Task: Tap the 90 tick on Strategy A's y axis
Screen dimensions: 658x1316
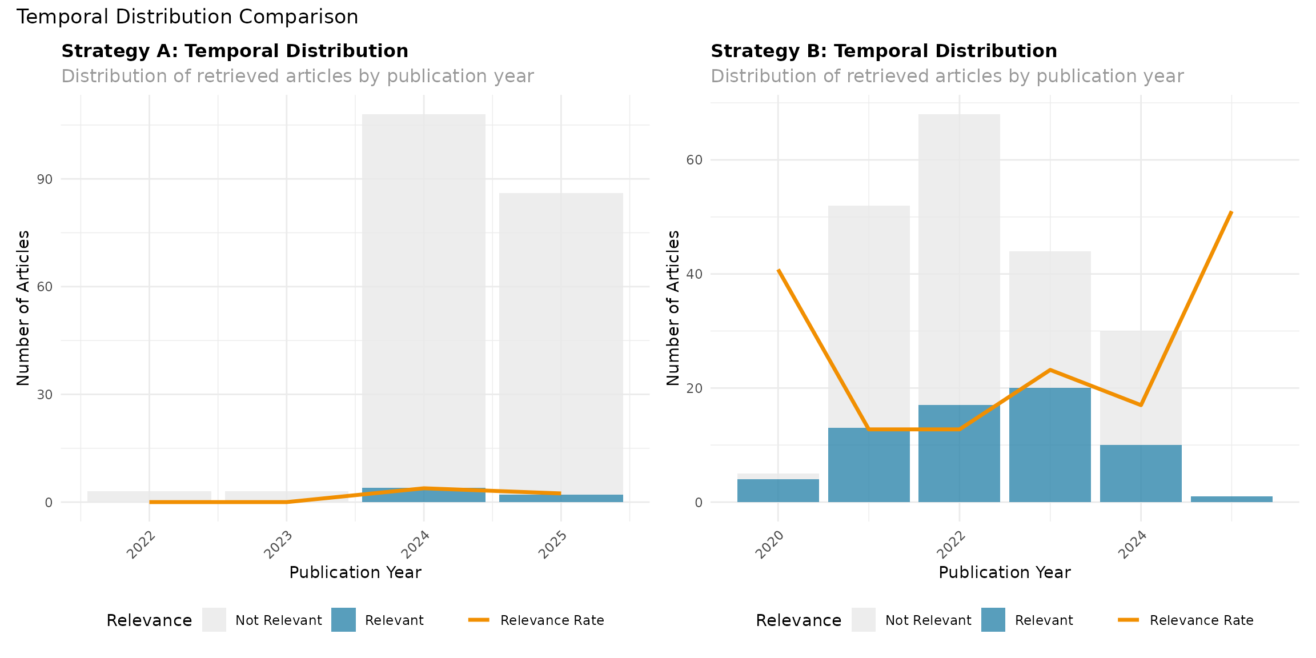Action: coord(45,179)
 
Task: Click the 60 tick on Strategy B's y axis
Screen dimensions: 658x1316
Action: coord(694,160)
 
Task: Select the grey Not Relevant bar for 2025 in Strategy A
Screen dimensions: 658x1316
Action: coord(561,343)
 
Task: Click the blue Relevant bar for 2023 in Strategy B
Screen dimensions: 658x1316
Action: coord(1050,446)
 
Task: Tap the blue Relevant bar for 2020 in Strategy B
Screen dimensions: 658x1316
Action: coord(778,491)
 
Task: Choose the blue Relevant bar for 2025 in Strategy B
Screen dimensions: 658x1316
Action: coord(1231,499)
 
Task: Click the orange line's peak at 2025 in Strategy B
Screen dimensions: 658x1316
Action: coord(1231,212)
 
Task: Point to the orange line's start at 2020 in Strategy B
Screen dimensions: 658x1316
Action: coord(779,270)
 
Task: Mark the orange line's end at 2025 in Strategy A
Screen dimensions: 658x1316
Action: coord(560,493)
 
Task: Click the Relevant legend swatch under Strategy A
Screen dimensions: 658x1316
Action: coord(343,620)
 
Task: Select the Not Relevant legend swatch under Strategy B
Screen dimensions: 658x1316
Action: coord(863,620)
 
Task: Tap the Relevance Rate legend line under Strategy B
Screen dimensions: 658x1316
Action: coord(1129,620)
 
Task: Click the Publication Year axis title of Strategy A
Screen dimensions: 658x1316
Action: coord(355,572)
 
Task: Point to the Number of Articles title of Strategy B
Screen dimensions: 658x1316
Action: coord(673,308)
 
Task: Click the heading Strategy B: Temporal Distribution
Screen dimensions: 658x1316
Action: coord(884,51)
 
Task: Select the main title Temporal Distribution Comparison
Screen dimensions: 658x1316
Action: coord(187,17)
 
